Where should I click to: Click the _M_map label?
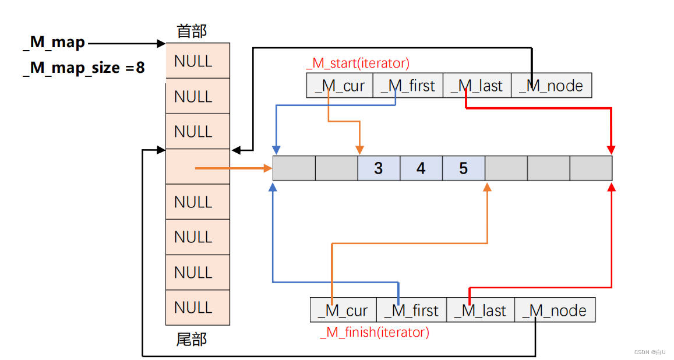54,43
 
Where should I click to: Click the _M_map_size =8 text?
84,68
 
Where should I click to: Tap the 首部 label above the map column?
192,31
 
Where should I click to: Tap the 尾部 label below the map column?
192,339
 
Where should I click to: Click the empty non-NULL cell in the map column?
181,167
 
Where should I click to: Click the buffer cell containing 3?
379,168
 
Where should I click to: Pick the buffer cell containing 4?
421,168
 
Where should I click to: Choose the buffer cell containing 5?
464,168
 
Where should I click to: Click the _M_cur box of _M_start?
339,86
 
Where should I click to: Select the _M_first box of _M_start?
408,86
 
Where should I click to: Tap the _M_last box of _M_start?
477,86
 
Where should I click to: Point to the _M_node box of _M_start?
551,86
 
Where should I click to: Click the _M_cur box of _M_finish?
343,310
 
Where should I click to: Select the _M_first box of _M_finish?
411,310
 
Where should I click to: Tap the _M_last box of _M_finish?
481,310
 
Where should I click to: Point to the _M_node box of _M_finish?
555,310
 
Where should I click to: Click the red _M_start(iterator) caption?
358,63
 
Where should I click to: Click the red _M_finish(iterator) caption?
374,332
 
